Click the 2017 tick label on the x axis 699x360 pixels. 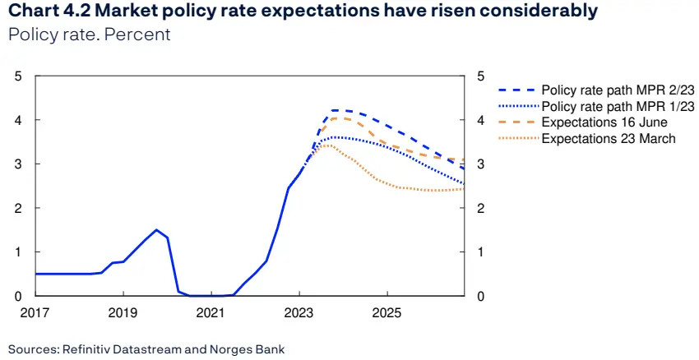(35, 313)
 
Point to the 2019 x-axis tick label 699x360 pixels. (123, 313)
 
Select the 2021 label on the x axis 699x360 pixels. (211, 313)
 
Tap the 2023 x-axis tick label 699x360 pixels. (299, 313)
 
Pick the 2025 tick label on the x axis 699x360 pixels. (387, 313)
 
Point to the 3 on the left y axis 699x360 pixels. (19, 164)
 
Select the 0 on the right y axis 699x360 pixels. (479, 296)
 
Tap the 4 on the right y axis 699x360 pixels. (479, 121)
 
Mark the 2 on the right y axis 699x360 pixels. (479, 209)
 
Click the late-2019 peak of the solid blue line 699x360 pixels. (156, 230)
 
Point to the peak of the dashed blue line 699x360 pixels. (336, 110)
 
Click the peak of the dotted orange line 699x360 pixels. (327, 145)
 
